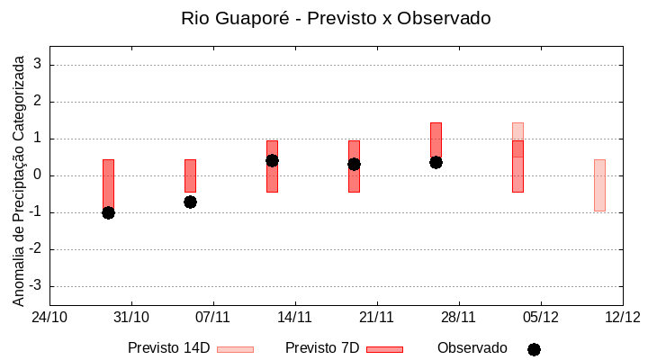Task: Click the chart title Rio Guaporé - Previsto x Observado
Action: (336, 18)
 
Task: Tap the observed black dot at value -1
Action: (108, 212)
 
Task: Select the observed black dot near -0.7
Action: (190, 202)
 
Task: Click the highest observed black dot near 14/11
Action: (272, 160)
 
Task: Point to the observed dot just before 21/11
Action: (354, 164)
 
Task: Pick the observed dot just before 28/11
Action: (436, 162)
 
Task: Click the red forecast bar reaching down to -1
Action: (108, 184)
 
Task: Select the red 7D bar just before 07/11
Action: (190, 175)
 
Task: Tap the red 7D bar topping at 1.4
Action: (436, 139)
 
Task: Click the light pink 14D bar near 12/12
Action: (599, 185)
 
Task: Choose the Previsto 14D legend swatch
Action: (235, 349)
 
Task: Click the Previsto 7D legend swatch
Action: (384, 349)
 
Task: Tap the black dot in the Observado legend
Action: (534, 349)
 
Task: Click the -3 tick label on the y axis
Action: (36, 286)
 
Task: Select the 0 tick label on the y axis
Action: (39, 175)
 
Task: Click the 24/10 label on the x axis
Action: (49, 317)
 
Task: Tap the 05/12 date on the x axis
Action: (540, 317)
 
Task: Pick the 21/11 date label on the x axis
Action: (376, 317)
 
